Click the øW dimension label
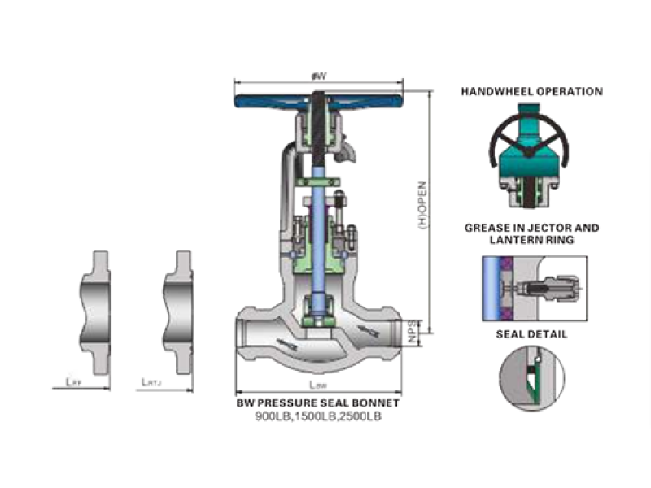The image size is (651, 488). coord(319,76)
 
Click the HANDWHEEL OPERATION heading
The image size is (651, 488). coord(531,92)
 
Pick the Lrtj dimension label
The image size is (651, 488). coord(150,381)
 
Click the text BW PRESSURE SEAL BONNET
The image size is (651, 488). coord(318,403)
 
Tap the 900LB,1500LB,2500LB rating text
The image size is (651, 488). coord(318,416)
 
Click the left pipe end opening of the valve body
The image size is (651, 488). coord(243,333)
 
